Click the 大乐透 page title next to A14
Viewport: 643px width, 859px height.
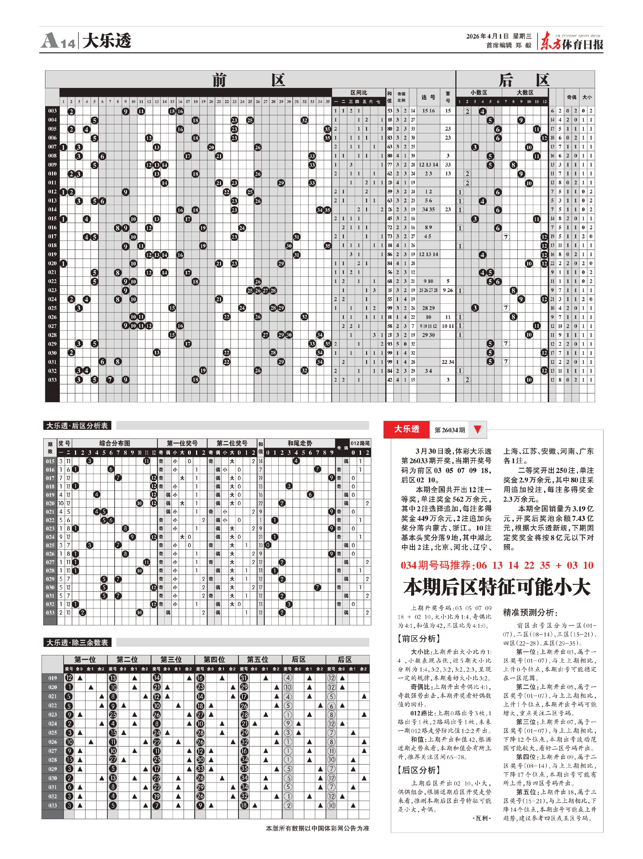click(107, 40)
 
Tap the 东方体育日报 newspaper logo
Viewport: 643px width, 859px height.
click(572, 41)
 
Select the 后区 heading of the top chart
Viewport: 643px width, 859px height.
click(524, 80)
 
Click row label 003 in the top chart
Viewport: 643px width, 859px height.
click(52, 111)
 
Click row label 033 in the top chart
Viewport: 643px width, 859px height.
click(52, 380)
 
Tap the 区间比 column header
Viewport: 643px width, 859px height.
click(359, 92)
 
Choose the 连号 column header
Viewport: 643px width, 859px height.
click(428, 97)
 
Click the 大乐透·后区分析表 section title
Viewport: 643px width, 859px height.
click(77, 425)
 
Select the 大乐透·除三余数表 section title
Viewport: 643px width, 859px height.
click(77, 643)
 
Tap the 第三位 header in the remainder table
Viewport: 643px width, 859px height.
click(171, 659)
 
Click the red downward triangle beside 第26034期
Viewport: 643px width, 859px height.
click(478, 429)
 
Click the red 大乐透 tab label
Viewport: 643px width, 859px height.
click(407, 429)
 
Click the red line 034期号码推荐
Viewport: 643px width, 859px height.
click(497, 565)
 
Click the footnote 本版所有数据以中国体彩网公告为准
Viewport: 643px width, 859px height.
click(317, 828)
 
